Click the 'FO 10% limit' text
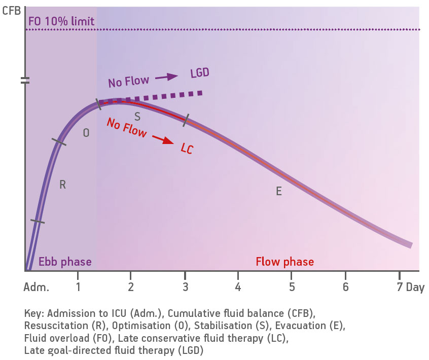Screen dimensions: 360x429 click(x=61, y=22)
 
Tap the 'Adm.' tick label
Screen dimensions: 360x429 click(x=36, y=287)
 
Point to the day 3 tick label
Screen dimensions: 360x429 click(x=186, y=287)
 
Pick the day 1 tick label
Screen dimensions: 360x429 click(x=78, y=287)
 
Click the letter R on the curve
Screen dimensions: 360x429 click(x=62, y=185)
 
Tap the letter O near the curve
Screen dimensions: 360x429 click(x=86, y=133)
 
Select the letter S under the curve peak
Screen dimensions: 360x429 click(x=137, y=117)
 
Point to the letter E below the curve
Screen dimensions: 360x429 click(x=278, y=192)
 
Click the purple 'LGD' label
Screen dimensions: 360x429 click(x=200, y=73)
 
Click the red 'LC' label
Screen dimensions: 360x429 click(x=187, y=149)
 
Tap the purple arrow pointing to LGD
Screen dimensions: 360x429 click(x=167, y=77)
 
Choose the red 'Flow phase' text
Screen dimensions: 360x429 click(x=284, y=262)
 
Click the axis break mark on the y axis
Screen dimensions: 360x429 click(x=24, y=80)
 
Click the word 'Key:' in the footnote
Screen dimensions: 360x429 click(x=34, y=313)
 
